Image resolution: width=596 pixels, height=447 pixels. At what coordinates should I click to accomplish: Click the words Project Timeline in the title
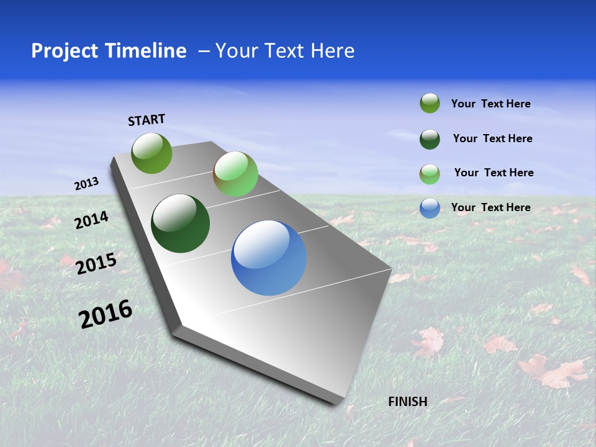coord(109,51)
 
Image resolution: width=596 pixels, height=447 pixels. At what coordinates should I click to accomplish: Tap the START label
coord(147,120)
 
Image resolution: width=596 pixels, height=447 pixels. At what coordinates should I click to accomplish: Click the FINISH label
coord(408,402)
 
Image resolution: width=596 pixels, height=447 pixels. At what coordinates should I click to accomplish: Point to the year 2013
coord(86,184)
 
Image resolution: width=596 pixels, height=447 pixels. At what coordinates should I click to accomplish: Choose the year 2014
coord(91,220)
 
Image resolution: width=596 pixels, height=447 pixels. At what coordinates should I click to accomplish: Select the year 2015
coord(96,263)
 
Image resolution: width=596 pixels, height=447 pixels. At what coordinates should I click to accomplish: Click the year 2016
coord(106,314)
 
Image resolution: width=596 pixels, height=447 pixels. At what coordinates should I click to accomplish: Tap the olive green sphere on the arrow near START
coord(152,153)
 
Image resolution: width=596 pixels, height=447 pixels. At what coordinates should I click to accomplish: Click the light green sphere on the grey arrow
coord(235,174)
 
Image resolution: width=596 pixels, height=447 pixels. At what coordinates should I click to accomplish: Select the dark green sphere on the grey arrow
coord(181,223)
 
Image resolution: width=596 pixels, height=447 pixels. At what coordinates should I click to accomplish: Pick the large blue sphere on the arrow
coord(269,258)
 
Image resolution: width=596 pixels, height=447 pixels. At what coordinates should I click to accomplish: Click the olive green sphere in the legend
coord(430,104)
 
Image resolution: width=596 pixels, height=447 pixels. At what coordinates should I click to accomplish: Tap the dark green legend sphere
coord(430,139)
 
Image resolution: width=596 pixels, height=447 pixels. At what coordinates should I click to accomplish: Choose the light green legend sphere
coord(430,174)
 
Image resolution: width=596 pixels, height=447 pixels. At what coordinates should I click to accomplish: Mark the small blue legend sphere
coord(430,208)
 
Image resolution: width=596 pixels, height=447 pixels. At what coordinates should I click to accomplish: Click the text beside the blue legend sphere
coord(490,207)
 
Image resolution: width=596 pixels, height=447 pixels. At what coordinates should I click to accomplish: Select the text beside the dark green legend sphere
coord(492,138)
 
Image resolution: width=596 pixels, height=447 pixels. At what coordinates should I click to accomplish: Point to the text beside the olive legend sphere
coord(490,104)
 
